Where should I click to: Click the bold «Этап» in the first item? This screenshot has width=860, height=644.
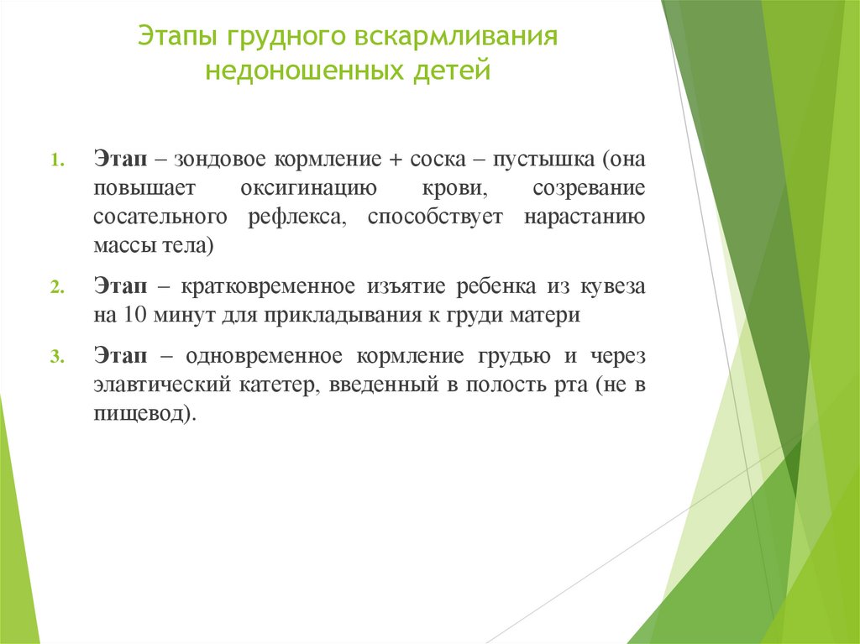120,160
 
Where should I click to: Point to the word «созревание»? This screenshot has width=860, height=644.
590,188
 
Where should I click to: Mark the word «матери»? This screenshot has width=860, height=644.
550,316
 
